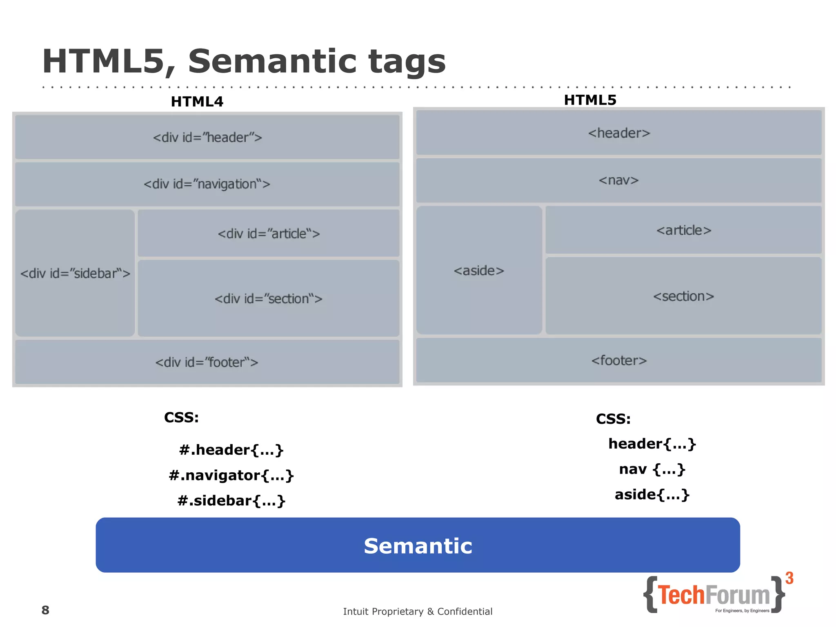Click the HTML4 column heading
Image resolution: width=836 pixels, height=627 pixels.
tap(197, 102)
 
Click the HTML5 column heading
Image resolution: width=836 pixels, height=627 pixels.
tap(590, 100)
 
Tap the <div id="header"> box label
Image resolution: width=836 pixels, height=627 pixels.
tap(207, 138)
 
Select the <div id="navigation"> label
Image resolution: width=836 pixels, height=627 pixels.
tap(207, 184)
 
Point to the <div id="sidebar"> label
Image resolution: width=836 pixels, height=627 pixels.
tap(75, 273)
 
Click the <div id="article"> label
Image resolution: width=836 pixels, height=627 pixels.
tap(269, 234)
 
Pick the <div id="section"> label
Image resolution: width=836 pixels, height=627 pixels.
tap(269, 299)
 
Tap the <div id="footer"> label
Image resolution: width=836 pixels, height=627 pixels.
tap(207, 362)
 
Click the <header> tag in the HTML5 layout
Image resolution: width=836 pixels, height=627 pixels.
tap(619, 133)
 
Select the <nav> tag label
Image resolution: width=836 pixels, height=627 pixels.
tap(618, 180)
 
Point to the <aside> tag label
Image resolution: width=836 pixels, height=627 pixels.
tap(479, 271)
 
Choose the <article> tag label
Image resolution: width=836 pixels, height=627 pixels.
tap(684, 231)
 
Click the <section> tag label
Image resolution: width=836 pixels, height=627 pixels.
tap(684, 296)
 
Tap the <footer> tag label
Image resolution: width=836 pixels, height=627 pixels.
tap(619, 361)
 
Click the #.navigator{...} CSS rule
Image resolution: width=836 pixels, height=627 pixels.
tap(231, 476)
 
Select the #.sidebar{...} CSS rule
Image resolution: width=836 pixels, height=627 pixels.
tap(231, 501)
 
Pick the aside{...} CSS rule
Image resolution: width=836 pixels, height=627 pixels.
tap(652, 495)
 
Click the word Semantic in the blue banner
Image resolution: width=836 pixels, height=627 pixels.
tap(418, 546)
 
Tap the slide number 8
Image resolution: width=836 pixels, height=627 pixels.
tap(45, 610)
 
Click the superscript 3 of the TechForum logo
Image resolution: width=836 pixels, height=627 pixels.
tap(789, 578)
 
